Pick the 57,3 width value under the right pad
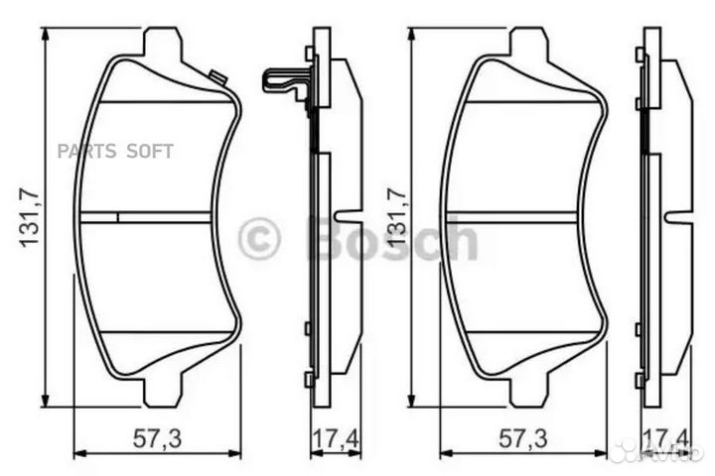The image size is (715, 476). point(523,437)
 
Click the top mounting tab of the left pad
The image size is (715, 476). point(163,45)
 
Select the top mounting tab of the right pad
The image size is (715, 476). point(528,45)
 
